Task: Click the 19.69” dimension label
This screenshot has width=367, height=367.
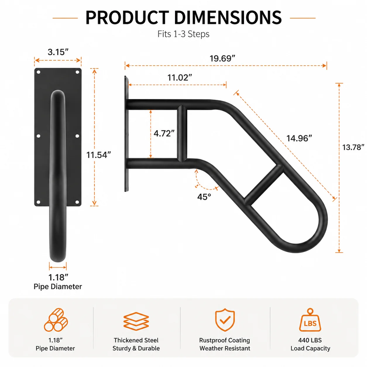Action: [222, 59]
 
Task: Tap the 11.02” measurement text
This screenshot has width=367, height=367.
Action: [180, 78]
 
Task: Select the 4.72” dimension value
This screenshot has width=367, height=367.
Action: [164, 133]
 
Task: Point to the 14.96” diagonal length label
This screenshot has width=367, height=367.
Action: [299, 138]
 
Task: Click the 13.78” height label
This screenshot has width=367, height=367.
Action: [353, 147]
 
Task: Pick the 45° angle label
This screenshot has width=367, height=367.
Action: [204, 197]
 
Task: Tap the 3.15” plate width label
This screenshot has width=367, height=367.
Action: [58, 52]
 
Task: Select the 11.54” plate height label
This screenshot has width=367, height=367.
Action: [98, 155]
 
